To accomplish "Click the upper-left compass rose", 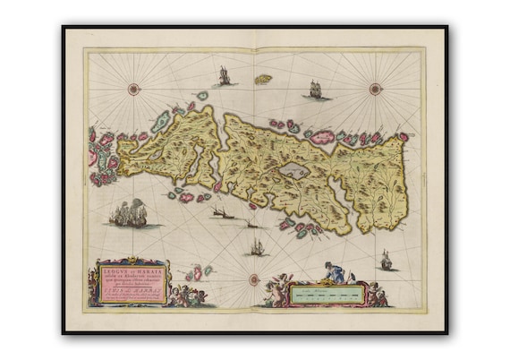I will point(134,88).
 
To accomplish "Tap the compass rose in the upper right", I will point(375,88).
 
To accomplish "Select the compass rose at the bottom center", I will point(254,279).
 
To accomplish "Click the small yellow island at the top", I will point(263,79).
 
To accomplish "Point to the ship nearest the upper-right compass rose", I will point(315,90).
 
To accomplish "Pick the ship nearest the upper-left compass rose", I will point(224,77).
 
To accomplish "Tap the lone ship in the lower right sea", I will point(387,261).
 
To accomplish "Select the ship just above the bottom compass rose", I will point(257,247).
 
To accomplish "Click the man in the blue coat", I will point(334,272).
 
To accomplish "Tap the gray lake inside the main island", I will point(294,170).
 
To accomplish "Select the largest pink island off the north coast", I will point(321,137).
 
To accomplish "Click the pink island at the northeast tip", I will point(404,137).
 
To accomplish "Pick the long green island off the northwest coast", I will point(161,122).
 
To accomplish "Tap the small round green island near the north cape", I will point(202,96).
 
